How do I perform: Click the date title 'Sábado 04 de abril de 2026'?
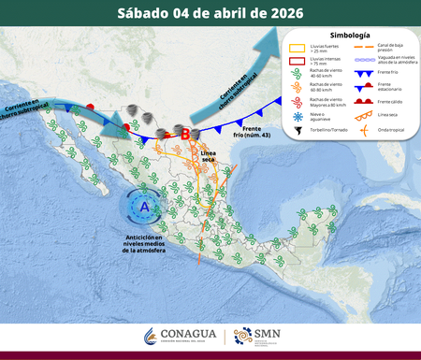(x=210, y=13)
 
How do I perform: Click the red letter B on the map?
(x=185, y=134)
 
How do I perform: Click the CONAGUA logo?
(x=181, y=336)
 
